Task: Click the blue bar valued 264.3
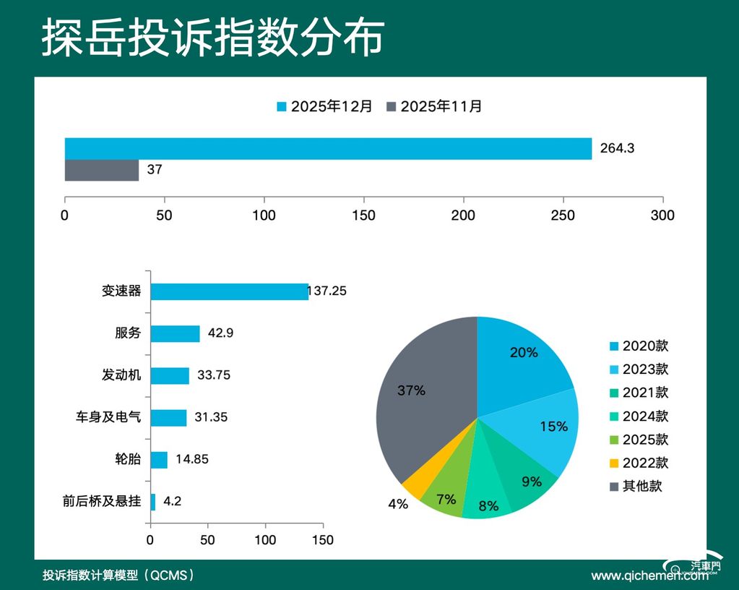328,148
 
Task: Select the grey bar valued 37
102,171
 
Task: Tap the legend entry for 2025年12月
325,106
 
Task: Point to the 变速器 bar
229,291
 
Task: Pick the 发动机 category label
121,375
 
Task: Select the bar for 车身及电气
168,418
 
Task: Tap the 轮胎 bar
159,460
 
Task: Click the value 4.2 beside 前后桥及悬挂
172,501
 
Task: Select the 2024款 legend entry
639,416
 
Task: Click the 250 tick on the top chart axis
563,215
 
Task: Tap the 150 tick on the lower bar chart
323,540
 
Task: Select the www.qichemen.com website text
649,576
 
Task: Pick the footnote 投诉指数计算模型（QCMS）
118,576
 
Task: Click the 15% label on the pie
553,427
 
